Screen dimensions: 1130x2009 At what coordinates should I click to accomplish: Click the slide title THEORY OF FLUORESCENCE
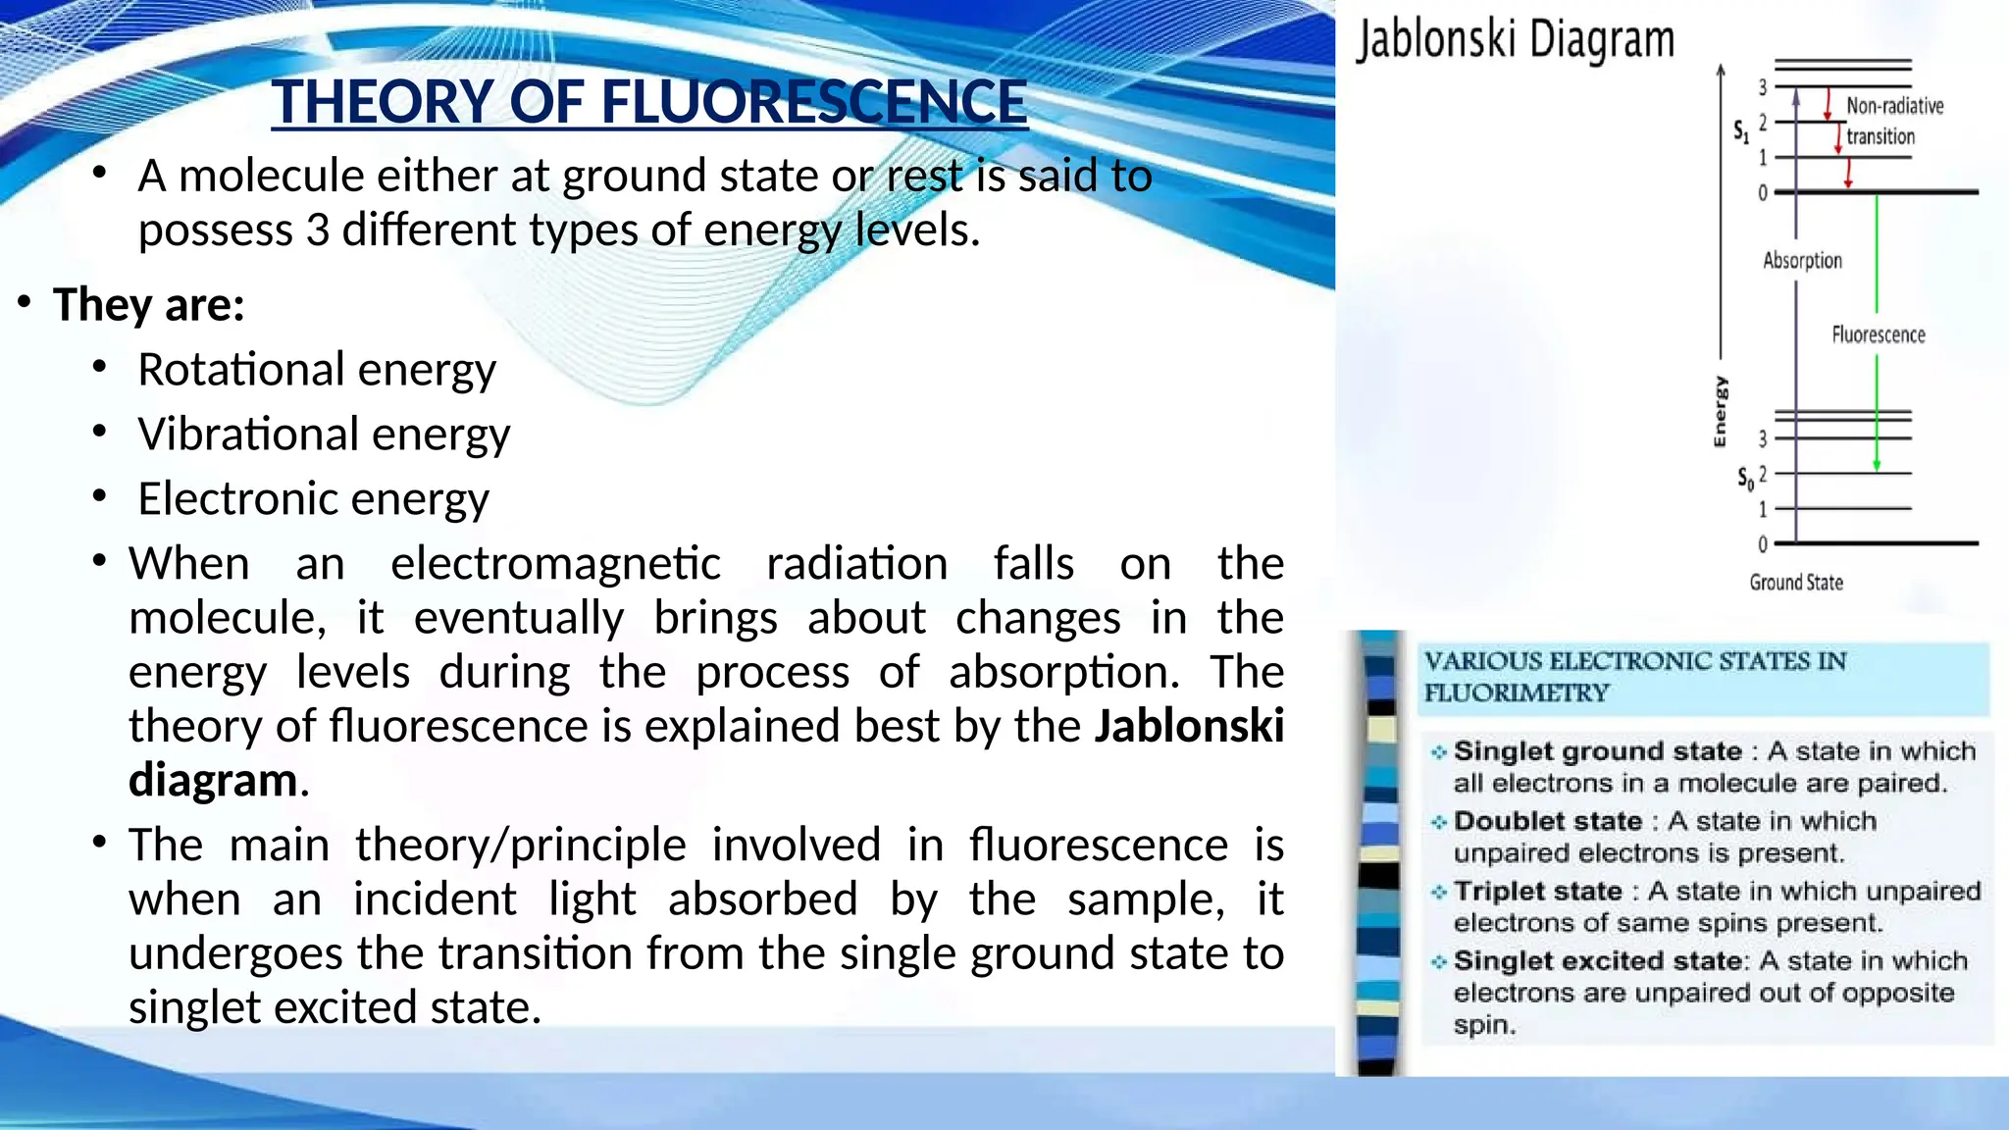click(x=649, y=102)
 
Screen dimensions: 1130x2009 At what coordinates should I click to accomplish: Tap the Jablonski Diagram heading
click(x=1515, y=41)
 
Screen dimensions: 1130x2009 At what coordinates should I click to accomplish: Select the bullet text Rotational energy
click(x=317, y=370)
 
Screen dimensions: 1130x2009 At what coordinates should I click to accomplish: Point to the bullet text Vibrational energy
click(x=324, y=435)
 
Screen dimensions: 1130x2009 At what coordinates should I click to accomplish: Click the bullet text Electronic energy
click(x=313, y=499)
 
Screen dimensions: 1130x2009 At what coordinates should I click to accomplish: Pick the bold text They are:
click(x=149, y=304)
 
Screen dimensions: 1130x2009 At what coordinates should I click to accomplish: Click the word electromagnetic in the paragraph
click(x=555, y=564)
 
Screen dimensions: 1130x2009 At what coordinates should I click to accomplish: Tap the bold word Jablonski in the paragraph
click(x=1189, y=727)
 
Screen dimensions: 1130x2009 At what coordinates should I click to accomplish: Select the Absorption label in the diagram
click(x=1802, y=260)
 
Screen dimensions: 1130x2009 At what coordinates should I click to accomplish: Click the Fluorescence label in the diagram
click(x=1878, y=334)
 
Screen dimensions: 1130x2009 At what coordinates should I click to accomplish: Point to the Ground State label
click(x=1795, y=583)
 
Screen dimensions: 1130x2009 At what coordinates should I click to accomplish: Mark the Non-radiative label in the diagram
click(x=1894, y=106)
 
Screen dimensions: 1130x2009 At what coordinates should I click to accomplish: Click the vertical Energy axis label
click(x=1720, y=412)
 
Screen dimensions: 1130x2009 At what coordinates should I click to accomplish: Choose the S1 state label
click(x=1740, y=130)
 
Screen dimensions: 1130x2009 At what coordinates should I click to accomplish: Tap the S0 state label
click(x=1745, y=479)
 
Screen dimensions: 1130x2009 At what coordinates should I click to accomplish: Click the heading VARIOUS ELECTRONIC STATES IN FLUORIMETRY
click(x=1634, y=677)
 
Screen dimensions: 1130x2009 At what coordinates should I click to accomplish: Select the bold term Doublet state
click(x=1547, y=821)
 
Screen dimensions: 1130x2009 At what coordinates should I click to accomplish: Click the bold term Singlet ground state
click(x=1597, y=751)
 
